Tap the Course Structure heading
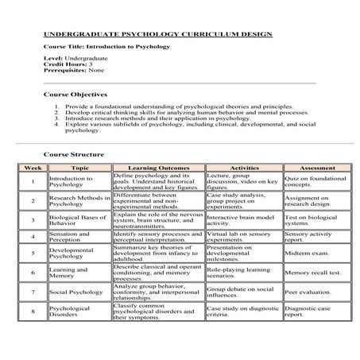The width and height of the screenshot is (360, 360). pyautogui.click(x=73, y=153)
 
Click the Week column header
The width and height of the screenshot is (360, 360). pyautogui.click(x=33, y=168)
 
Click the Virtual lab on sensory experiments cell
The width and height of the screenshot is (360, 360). pyautogui.click(x=239, y=236)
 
